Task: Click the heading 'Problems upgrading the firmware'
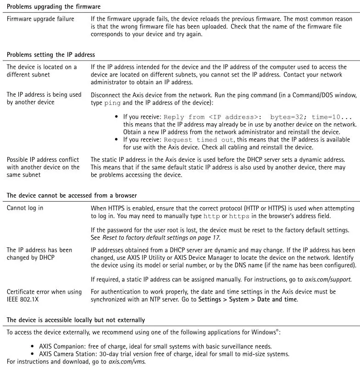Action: (x=54, y=7)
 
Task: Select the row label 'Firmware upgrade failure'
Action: (x=40, y=19)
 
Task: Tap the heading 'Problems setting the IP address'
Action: (x=51, y=55)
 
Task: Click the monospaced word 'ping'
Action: (x=112, y=103)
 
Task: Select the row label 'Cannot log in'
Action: (x=25, y=208)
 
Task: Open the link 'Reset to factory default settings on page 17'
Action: (x=161, y=237)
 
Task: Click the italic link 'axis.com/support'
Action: (x=328, y=279)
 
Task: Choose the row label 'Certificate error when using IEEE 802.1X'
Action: (x=44, y=296)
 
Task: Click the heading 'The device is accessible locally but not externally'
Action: (x=76, y=320)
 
